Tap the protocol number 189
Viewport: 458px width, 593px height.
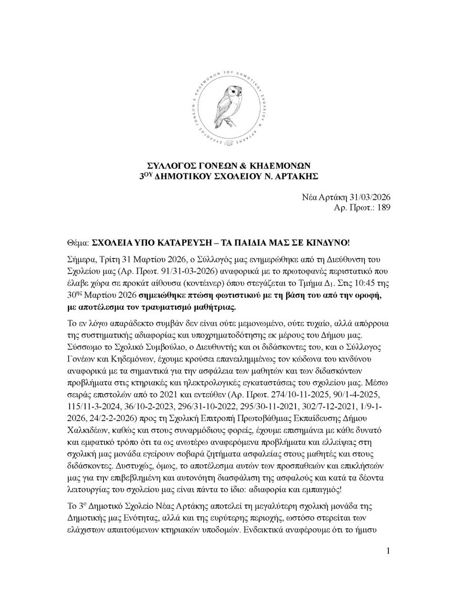pos(384,208)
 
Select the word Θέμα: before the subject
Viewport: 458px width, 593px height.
pos(78,243)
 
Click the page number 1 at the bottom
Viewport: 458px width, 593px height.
pos(389,552)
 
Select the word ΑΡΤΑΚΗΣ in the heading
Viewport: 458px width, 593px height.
pos(295,176)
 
